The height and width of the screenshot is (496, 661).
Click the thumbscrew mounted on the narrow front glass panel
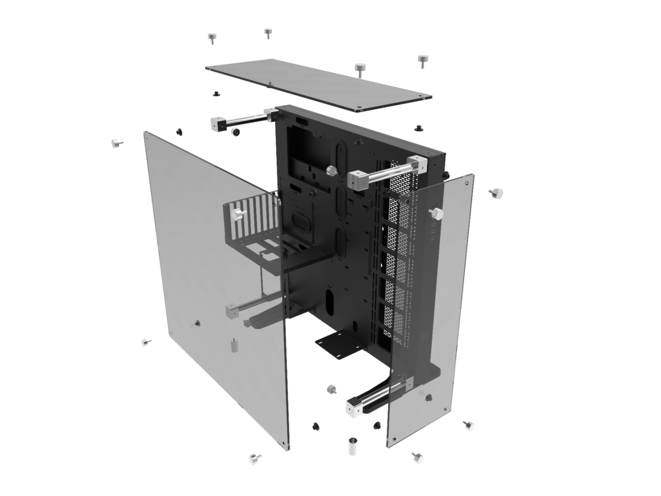click(x=437, y=214)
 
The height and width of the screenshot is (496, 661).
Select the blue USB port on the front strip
click(x=433, y=231)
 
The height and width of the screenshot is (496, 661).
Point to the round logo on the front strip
click(x=425, y=334)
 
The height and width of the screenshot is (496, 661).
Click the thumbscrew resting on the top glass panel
click(x=360, y=68)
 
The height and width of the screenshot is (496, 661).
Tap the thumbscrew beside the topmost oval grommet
click(x=331, y=170)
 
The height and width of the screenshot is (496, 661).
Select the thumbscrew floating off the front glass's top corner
click(x=497, y=193)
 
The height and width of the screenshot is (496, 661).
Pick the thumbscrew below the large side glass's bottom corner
click(x=255, y=459)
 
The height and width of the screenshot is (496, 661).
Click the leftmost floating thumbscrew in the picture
click(x=116, y=143)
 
